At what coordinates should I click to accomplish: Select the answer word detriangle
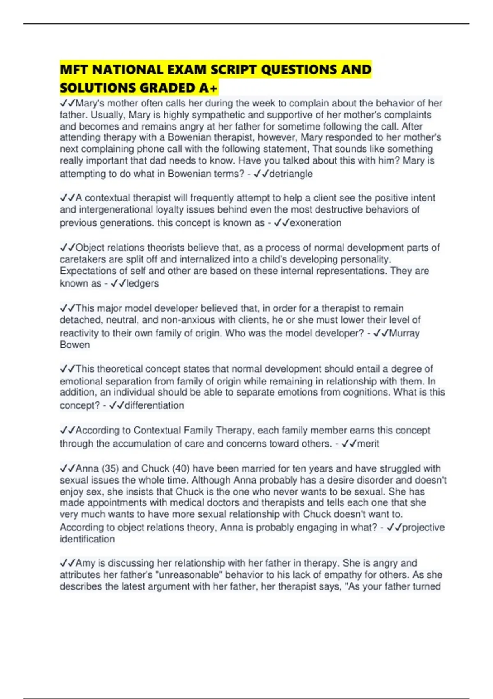point(290,174)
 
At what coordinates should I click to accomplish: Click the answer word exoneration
point(316,223)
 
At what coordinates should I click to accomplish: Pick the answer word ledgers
point(142,283)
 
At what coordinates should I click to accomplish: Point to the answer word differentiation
point(154,405)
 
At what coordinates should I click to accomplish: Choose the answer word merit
point(368,444)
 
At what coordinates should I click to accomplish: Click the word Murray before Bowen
point(404,333)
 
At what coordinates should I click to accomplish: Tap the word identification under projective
point(87,539)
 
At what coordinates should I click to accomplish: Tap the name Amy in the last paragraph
point(85,563)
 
